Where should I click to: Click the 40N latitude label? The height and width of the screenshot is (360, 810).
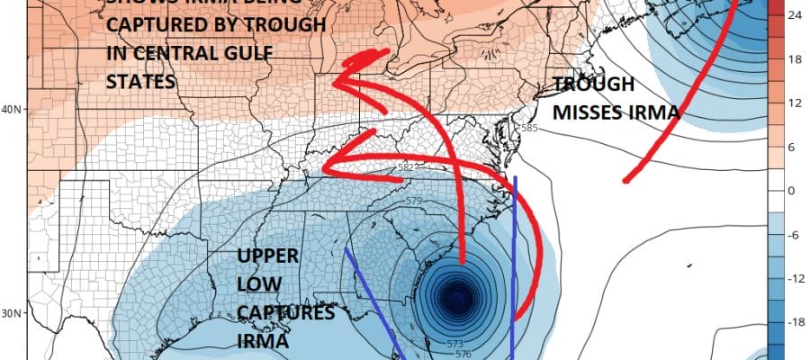[12, 110]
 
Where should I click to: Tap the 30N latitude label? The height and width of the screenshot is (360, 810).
[12, 313]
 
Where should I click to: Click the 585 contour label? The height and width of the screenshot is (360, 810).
[529, 130]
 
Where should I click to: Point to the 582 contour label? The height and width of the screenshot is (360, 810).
[405, 167]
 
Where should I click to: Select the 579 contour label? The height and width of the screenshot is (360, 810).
[414, 201]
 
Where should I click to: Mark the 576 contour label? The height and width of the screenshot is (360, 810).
[465, 355]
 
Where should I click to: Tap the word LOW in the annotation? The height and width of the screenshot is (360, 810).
[256, 285]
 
